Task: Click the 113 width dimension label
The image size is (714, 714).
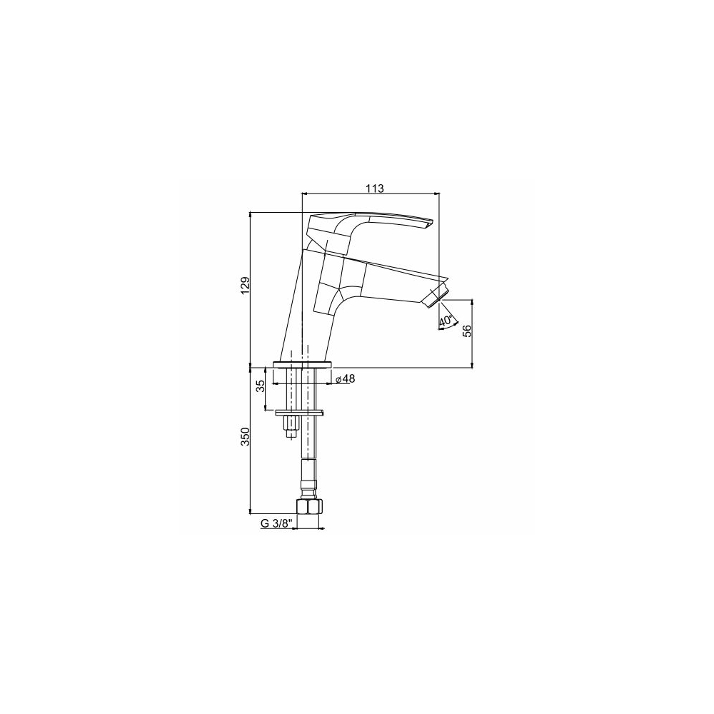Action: (x=375, y=188)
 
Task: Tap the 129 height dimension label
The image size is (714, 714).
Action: (x=246, y=286)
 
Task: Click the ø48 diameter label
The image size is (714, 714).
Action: (x=345, y=378)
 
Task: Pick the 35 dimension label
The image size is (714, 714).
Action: (x=261, y=386)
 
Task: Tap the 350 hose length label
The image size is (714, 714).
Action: (x=246, y=437)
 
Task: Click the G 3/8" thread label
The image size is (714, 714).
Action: (x=275, y=523)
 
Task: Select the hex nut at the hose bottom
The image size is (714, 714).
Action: (x=308, y=507)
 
